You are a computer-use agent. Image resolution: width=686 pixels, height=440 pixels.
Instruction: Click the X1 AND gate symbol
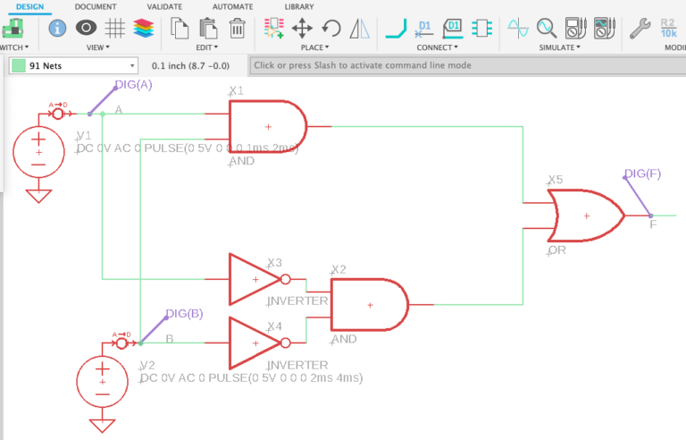pyautogui.click(x=266, y=127)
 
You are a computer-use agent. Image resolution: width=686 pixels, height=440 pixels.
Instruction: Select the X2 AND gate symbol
pyautogui.click(x=368, y=305)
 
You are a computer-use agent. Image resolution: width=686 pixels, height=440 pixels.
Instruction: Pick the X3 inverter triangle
pyautogui.click(x=254, y=279)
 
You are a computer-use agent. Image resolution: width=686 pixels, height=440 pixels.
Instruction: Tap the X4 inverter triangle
pyautogui.click(x=254, y=343)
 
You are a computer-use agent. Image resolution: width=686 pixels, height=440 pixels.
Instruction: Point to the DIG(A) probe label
pyautogui.click(x=133, y=85)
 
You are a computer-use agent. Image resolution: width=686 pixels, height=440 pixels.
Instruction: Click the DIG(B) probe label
pyautogui.click(x=184, y=313)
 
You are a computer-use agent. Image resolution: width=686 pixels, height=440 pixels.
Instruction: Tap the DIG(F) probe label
pyautogui.click(x=642, y=173)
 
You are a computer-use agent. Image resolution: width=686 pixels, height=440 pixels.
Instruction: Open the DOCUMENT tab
pyautogui.click(x=96, y=6)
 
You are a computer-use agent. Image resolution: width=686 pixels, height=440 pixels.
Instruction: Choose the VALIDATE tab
pyautogui.click(x=164, y=6)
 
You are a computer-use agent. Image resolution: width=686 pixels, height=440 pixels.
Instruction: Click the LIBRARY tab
pyautogui.click(x=298, y=6)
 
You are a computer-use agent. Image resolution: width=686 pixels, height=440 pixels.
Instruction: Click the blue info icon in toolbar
pyautogui.click(x=58, y=29)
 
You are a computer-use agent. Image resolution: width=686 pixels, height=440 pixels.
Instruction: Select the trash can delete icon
pyautogui.click(x=237, y=29)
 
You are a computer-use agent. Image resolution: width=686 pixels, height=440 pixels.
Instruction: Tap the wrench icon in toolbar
pyautogui.click(x=640, y=29)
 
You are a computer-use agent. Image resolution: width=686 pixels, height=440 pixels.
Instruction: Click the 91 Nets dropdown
pyautogui.click(x=73, y=65)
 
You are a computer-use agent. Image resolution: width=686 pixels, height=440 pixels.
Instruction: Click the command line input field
pyautogui.click(x=464, y=65)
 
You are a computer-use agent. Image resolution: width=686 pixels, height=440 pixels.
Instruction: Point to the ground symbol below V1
pyautogui.click(x=38, y=194)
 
